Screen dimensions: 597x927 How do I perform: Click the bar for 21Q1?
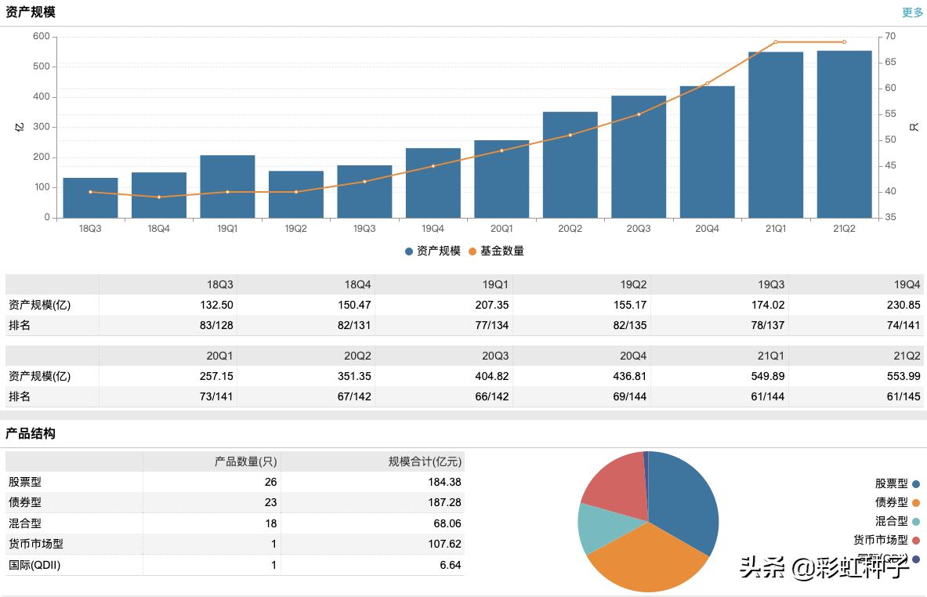[775, 135]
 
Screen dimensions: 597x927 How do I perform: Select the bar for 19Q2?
[295, 194]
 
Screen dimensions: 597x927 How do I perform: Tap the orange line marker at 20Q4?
[707, 84]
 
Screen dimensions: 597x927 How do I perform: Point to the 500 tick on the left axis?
[42, 67]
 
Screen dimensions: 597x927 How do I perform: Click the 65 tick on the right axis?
[890, 62]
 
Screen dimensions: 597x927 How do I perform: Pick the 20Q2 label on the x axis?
[570, 229]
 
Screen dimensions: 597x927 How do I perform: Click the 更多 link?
[913, 13]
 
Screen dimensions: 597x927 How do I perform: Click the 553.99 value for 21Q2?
[903, 376]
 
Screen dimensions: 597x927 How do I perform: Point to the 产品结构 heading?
[31, 433]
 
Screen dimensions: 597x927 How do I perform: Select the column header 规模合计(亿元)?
[425, 461]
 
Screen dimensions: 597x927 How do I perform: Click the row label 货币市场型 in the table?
[36, 544]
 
